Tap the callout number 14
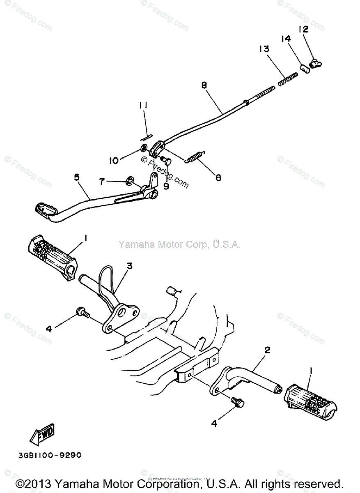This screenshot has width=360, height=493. tap(286, 39)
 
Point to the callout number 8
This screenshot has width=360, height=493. tap(204, 85)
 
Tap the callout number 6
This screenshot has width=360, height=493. tap(218, 177)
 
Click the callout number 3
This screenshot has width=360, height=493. tap(130, 266)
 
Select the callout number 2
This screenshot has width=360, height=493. tap(267, 350)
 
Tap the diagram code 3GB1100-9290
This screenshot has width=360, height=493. tap(50, 455)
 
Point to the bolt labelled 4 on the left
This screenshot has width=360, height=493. tap(82, 313)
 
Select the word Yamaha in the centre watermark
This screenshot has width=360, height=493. tap(135, 245)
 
